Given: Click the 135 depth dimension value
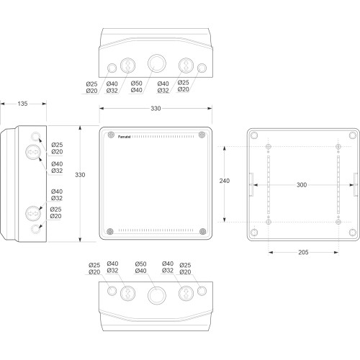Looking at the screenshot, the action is [22, 104].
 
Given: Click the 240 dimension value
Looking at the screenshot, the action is [225, 181].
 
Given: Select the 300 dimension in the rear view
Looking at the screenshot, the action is [302, 185].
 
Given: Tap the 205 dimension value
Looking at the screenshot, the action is [303, 252].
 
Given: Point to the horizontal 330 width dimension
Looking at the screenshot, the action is [156, 109].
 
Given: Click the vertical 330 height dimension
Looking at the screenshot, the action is [80, 175].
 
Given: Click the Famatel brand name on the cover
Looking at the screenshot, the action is [124, 137].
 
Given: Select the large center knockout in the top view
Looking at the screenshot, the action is [157, 63].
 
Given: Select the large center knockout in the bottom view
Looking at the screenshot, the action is [157, 295].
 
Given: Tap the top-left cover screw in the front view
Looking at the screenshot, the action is [111, 135].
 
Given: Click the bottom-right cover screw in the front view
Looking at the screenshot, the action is [203, 231].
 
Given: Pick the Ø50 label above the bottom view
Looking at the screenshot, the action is [140, 264].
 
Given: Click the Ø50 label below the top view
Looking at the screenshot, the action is [137, 84].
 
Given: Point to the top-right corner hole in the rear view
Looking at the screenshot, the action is [353, 135].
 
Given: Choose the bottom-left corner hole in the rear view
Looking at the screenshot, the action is [254, 233].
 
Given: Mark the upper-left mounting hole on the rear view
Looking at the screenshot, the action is [269, 146].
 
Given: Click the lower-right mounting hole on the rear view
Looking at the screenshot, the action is [338, 222].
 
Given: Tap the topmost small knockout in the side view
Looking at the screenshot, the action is [36, 136].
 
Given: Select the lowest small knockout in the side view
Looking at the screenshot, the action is [36, 229].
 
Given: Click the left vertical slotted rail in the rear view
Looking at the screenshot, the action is [269, 184].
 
